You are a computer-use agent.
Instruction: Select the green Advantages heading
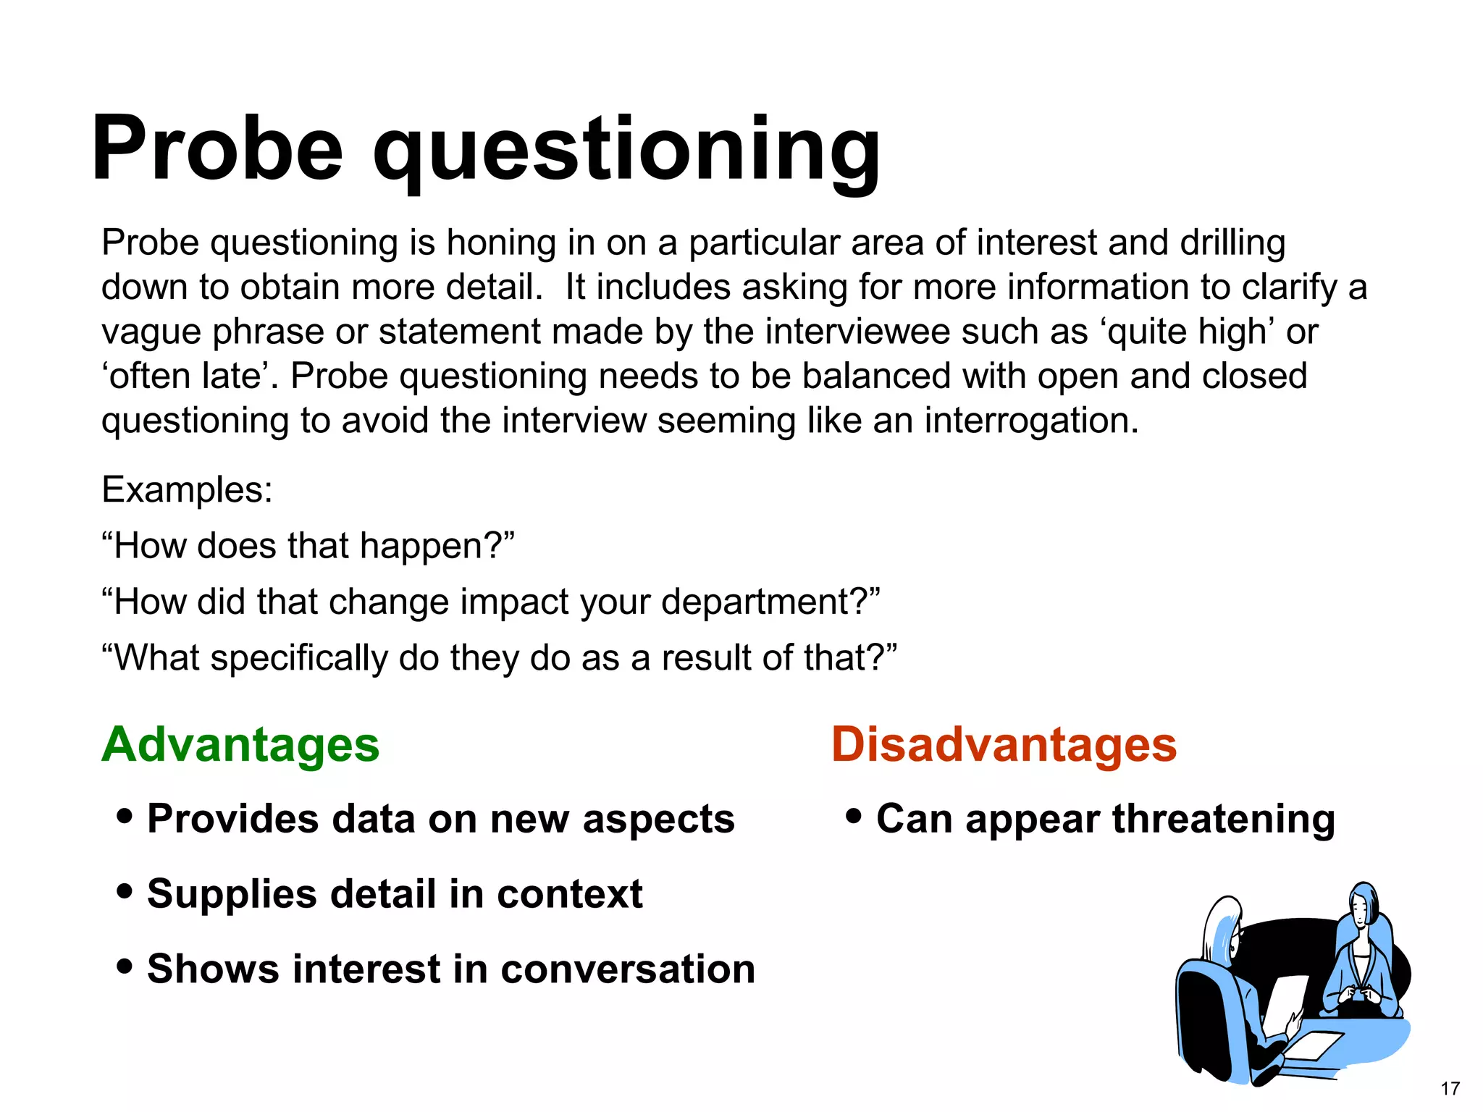coord(240,744)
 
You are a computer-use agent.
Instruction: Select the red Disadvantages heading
coord(1004,744)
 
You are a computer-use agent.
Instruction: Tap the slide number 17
coord(1450,1088)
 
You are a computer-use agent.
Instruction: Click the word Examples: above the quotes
coord(187,489)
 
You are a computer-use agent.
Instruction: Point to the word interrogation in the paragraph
coord(1030,420)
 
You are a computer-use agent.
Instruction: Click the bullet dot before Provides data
coord(125,817)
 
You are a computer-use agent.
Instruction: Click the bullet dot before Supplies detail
coord(125,891)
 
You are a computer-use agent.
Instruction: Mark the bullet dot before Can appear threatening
coord(854,817)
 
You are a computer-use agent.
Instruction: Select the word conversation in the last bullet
coord(627,969)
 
